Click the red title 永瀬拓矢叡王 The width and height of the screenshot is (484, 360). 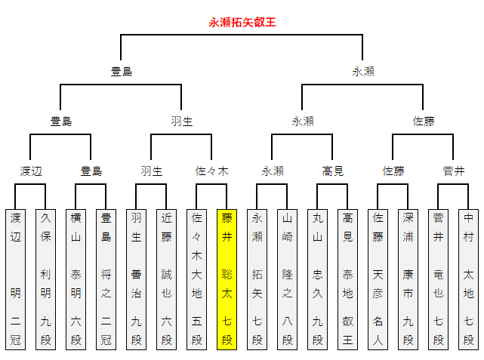click(x=242, y=22)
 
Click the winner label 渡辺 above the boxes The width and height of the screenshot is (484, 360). click(x=31, y=171)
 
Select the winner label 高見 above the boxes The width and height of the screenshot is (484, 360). click(x=333, y=171)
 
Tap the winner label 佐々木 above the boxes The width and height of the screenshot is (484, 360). click(x=212, y=171)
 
